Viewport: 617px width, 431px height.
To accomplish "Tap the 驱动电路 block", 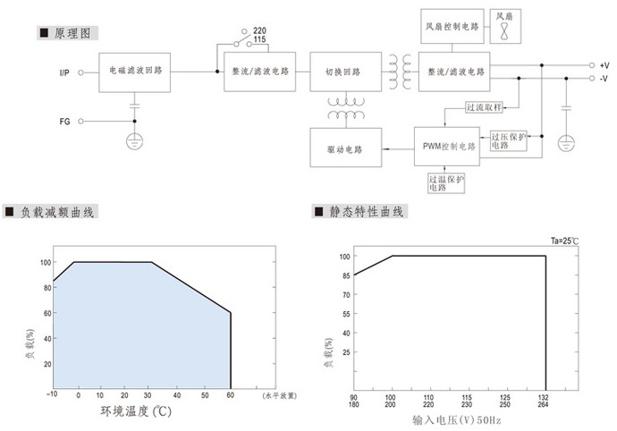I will (344, 146).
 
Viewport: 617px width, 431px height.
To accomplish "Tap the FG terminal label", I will (64, 120).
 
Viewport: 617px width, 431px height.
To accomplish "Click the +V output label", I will (604, 65).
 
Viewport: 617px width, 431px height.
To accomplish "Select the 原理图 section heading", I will (72, 32).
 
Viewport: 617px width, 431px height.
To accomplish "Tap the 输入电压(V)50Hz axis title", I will (450, 418).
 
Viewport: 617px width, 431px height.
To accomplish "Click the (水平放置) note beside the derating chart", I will (279, 394).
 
